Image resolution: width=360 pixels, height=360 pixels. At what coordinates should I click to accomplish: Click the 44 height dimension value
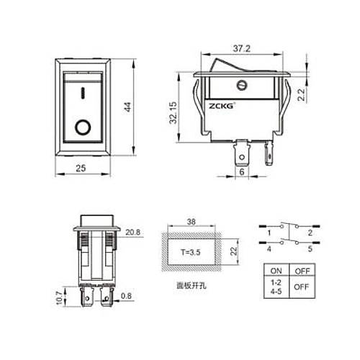click(x=127, y=107)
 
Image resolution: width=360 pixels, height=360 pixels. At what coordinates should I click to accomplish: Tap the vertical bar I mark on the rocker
click(x=84, y=92)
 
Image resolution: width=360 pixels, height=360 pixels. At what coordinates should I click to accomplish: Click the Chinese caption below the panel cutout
click(x=192, y=285)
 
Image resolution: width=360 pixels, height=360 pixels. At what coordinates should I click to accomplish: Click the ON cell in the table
click(x=275, y=272)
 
